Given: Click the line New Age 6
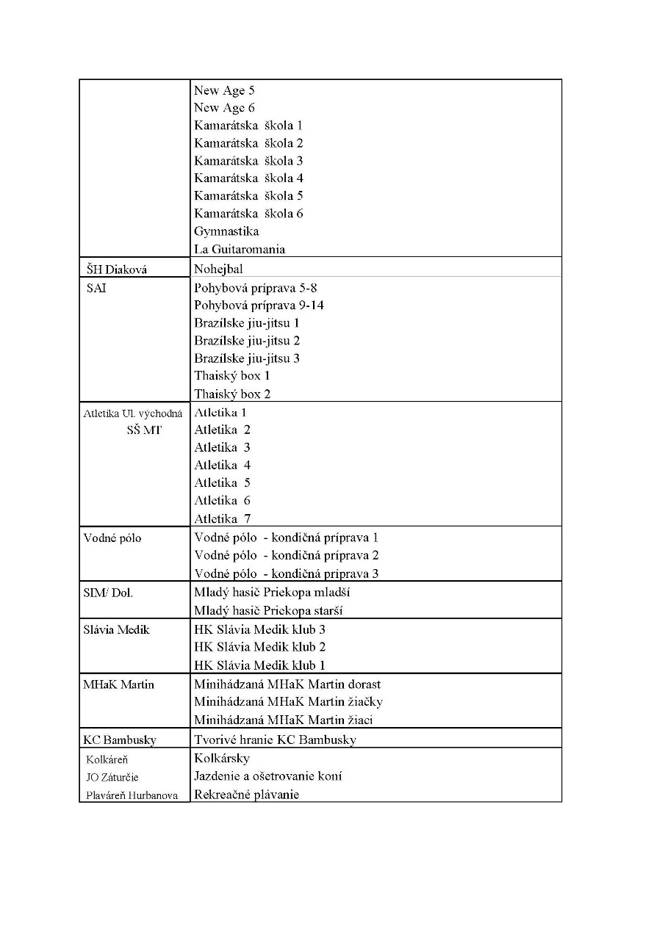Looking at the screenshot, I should [224, 108].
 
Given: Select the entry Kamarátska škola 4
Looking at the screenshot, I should [248, 178].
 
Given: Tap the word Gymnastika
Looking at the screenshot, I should [226, 231].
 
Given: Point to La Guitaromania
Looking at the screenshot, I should [240, 249].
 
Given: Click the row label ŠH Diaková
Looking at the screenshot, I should [115, 270].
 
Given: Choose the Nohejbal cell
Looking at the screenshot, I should [218, 269].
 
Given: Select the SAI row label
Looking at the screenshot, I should [96, 288].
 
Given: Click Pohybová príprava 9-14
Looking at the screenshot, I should [259, 305].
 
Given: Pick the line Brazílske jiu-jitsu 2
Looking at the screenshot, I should [247, 341].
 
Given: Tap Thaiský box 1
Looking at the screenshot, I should [232, 376].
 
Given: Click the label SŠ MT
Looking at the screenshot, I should [144, 430].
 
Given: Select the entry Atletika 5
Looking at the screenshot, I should [222, 483].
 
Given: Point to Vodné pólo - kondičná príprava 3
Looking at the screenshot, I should [287, 574].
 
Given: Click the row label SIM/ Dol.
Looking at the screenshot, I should [108, 593].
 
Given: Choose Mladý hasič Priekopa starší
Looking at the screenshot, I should [268, 610].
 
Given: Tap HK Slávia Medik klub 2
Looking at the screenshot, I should [259, 647].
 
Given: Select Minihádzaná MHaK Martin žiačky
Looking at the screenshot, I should [288, 702].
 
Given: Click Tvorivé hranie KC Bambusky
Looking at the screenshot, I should [275, 740].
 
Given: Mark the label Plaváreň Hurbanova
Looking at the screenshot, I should [132, 795].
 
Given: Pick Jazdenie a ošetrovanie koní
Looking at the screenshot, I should [268, 776].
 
